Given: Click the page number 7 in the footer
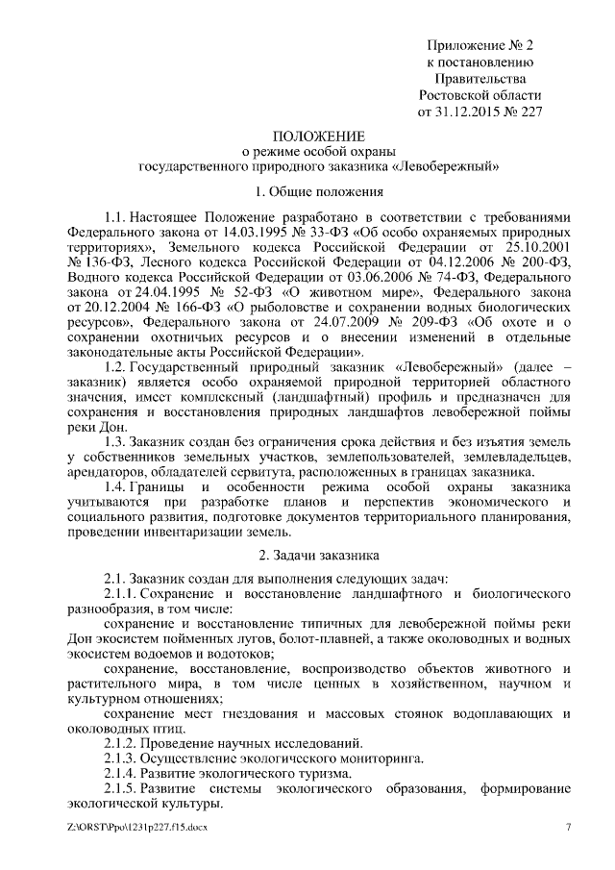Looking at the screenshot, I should click(566, 827).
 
